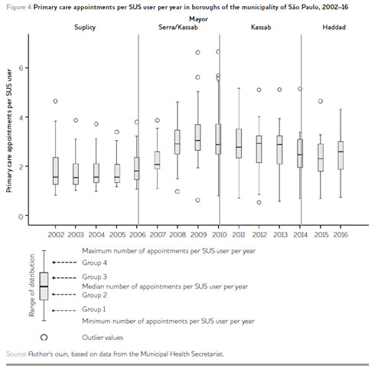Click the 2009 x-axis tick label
click(198, 234)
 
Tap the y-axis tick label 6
click(21, 68)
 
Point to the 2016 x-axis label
click(341, 234)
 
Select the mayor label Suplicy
click(85, 28)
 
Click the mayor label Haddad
click(334, 28)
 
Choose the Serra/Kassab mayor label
click(178, 28)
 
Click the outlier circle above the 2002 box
click(55, 101)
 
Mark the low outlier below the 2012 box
click(259, 203)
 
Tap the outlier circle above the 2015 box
click(321, 101)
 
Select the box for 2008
click(178, 142)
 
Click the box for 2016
click(341, 155)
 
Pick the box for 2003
click(76, 174)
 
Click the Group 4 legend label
click(94, 263)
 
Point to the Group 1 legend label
click(93, 309)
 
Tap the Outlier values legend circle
click(44, 338)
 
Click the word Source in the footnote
click(16, 354)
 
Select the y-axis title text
click(9, 131)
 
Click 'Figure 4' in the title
click(19, 7)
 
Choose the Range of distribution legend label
click(31, 286)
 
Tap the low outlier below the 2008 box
click(178, 191)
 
